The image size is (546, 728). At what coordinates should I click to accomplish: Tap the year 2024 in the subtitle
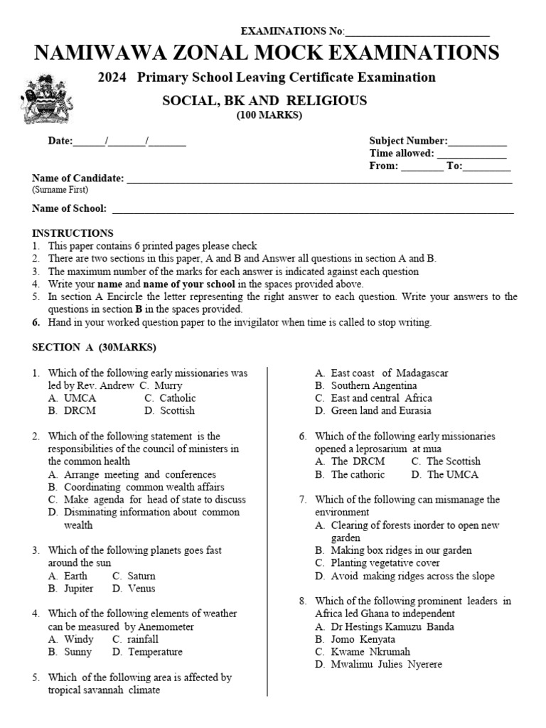click(x=112, y=77)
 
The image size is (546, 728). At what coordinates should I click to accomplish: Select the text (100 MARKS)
click(x=269, y=115)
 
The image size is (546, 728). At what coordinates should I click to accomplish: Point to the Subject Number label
click(x=408, y=141)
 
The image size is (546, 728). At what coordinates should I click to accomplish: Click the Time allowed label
click(x=401, y=154)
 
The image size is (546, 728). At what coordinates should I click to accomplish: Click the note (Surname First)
click(x=60, y=191)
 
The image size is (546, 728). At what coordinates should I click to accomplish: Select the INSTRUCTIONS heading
click(x=73, y=233)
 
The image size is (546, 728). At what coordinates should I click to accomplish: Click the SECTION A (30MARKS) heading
click(x=94, y=348)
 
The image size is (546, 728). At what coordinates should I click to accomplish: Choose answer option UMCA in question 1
click(x=80, y=398)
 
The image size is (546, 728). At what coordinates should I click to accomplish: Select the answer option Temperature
click(x=155, y=652)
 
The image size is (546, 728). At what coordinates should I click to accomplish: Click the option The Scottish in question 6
click(x=453, y=461)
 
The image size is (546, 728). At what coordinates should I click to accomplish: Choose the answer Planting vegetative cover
click(x=385, y=563)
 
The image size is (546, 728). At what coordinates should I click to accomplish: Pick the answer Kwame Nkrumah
click(x=370, y=652)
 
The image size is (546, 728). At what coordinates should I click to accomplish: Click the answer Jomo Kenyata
click(x=363, y=639)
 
